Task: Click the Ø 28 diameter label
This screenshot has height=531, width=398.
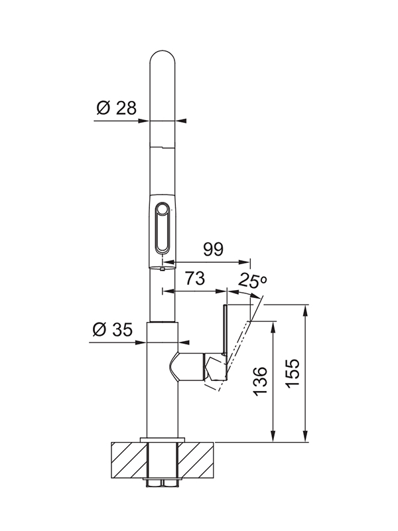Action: point(116,108)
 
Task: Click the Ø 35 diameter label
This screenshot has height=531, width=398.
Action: point(112,329)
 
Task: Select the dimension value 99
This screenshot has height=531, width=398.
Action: point(213,250)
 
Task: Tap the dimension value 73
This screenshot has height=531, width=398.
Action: point(195,278)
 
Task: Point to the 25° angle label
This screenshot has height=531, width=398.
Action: point(253,280)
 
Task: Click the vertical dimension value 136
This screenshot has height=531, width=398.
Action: point(260,380)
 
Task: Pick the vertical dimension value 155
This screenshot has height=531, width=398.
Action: point(293,373)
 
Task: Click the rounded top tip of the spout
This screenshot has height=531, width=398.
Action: point(163,52)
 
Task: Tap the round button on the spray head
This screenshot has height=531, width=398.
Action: point(162,208)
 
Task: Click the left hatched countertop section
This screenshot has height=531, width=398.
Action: point(129,460)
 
